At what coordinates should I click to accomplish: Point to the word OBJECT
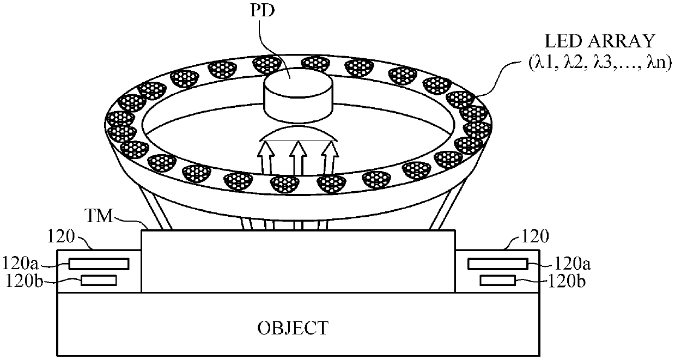coord(293,328)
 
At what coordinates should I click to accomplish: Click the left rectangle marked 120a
coord(99,264)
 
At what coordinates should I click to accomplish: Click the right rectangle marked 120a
coord(498,264)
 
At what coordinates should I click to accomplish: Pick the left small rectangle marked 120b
coord(99,280)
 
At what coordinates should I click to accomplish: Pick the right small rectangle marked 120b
coord(498,280)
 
